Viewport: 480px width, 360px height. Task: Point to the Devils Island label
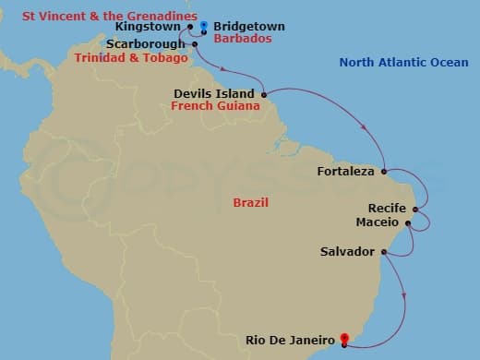[x=217, y=93]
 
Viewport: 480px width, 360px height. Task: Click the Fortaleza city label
[x=345, y=172]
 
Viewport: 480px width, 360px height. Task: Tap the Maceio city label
[x=377, y=222]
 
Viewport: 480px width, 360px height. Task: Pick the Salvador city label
[x=347, y=251]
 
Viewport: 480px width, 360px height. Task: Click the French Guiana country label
[x=213, y=106]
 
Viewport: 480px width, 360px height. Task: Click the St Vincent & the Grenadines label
[x=109, y=15]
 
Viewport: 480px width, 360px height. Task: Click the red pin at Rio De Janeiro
[x=344, y=339]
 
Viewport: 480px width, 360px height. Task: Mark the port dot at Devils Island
[x=264, y=94]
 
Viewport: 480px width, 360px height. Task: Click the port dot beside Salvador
[x=381, y=251]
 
